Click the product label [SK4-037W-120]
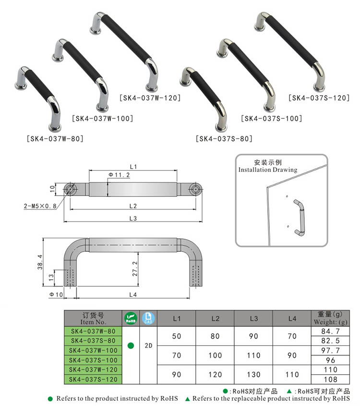point(150,98)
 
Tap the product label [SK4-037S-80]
point(224,139)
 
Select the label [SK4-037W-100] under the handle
point(102,118)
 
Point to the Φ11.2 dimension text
point(119,174)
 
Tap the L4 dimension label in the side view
point(133,294)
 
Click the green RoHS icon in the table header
point(131,318)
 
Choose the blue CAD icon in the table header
point(148,318)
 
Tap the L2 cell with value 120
point(215,374)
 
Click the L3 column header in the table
point(254,319)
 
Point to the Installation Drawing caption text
point(268,170)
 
